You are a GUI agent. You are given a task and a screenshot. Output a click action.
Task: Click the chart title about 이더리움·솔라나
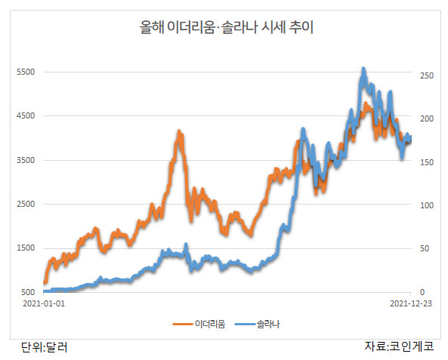(227, 27)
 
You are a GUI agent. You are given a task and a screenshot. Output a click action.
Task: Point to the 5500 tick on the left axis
(26, 72)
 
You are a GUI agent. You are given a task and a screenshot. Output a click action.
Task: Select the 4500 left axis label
(26, 116)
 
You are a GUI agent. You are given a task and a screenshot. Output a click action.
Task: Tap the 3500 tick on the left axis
(26, 160)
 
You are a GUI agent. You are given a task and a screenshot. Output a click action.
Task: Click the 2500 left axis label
(26, 204)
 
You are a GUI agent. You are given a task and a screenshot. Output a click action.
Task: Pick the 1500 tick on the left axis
(26, 248)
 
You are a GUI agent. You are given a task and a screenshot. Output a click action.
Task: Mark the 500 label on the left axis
(28, 292)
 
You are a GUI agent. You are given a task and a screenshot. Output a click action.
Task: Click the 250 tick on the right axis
(427, 75)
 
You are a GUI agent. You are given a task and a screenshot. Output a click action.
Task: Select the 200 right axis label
(427, 118)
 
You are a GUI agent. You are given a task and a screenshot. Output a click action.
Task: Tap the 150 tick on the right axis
(427, 162)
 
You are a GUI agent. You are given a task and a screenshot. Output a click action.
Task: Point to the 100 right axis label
(427, 205)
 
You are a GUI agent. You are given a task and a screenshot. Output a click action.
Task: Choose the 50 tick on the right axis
(425, 248)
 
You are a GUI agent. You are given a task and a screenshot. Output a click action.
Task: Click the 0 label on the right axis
(422, 292)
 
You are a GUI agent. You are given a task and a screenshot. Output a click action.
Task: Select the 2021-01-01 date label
(44, 303)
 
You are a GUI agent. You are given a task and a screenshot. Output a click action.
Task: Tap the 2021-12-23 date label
(411, 303)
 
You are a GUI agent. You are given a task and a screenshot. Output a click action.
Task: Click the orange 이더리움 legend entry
(199, 324)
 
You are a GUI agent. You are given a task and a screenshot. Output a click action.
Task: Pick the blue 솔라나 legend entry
(257, 324)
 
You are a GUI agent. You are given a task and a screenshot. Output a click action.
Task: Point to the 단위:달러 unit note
(45, 347)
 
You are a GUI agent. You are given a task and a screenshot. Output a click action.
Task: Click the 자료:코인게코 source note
(399, 346)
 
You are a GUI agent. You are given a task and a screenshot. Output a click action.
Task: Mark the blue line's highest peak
(363, 69)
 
